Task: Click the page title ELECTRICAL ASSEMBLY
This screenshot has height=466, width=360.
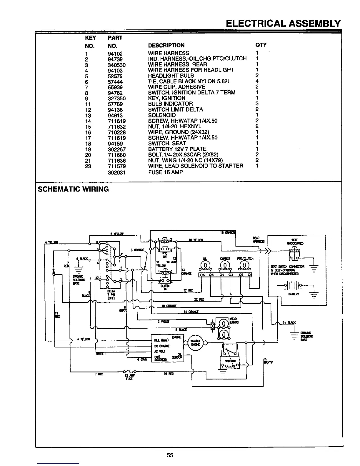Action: click(283, 24)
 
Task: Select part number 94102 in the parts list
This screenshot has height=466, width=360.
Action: click(115, 54)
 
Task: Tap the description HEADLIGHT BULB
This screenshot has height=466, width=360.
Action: click(171, 76)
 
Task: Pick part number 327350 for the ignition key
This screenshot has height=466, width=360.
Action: click(117, 98)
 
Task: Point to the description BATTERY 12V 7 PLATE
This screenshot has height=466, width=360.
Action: click(177, 149)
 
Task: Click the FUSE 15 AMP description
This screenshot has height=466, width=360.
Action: click(165, 172)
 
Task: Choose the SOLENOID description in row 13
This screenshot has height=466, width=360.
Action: click(162, 115)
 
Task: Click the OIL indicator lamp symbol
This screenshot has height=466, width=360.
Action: click(205, 266)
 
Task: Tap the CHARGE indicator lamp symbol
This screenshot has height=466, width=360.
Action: click(225, 266)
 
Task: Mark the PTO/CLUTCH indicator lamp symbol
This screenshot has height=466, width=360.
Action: click(245, 266)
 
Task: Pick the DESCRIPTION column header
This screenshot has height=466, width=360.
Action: click(166, 45)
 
